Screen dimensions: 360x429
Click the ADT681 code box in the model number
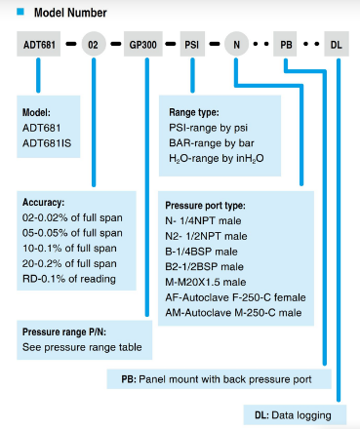click(x=39, y=44)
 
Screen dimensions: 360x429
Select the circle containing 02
click(x=94, y=44)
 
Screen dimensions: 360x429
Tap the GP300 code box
click(x=143, y=44)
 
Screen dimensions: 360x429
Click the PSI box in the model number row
click(x=192, y=44)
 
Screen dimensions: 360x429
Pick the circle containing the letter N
click(x=236, y=44)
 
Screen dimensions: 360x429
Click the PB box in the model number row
click(x=285, y=44)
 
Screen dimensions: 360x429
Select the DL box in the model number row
click(x=337, y=44)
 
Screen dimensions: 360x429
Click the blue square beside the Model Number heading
click(x=20, y=12)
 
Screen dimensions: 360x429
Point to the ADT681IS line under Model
click(x=47, y=143)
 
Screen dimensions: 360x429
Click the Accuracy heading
click(x=43, y=202)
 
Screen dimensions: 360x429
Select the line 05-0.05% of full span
click(x=72, y=233)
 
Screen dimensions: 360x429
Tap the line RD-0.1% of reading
click(x=69, y=279)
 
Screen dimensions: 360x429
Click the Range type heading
click(x=194, y=112)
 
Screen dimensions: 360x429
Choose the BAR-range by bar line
click(x=212, y=143)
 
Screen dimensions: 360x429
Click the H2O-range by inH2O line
click(x=217, y=159)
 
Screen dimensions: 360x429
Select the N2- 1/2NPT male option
click(x=206, y=236)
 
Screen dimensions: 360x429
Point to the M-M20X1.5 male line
click(x=206, y=282)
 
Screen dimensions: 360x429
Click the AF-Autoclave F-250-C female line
click(x=235, y=297)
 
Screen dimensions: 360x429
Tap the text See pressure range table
click(x=82, y=347)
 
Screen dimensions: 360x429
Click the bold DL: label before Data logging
click(x=261, y=415)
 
